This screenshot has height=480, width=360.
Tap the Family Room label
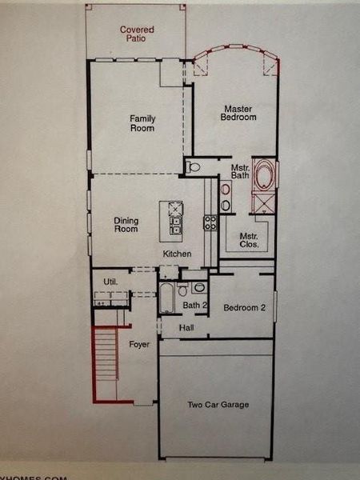pyautogui.click(x=142, y=123)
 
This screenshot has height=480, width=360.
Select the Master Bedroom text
pyautogui.click(x=238, y=113)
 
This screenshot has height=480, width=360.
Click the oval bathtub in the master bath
pyautogui.click(x=263, y=176)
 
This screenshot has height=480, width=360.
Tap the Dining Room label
pyautogui.click(x=126, y=225)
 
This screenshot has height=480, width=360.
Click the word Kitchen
pyautogui.click(x=177, y=254)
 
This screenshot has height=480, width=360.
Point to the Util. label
pyautogui.click(x=110, y=282)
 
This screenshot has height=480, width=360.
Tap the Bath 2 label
pyautogui.click(x=195, y=305)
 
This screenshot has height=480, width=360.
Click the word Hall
pyautogui.click(x=186, y=327)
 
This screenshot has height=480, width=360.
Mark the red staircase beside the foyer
pyautogui.click(x=106, y=360)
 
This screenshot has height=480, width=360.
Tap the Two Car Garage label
pyautogui.click(x=218, y=405)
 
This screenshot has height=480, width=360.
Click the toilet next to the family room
pyautogui.click(x=194, y=167)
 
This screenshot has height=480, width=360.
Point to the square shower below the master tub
pyautogui.click(x=262, y=202)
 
